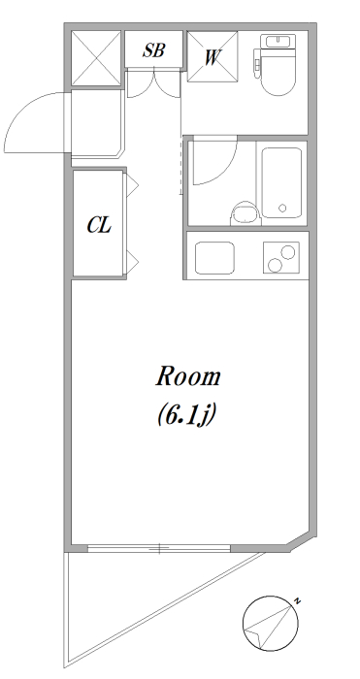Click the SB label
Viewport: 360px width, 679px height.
pos(153,50)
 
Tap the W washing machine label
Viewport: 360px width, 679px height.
pos(212,57)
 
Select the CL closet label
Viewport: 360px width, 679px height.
pos(99,225)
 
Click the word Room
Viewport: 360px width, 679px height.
pos(188,377)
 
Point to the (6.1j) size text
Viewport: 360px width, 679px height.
pos(186,416)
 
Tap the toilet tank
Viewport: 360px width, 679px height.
pos(278,42)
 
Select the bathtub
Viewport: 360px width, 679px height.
pos(282,182)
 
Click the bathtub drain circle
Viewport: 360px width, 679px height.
pos(282,208)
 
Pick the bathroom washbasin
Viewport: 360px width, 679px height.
pos(245,214)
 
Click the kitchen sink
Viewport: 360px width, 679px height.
pos(214,258)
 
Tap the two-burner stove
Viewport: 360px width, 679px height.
pos(281,258)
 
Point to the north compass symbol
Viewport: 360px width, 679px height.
pos(271,624)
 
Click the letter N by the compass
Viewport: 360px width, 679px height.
pos(297,600)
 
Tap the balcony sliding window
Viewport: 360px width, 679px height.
pos(159,548)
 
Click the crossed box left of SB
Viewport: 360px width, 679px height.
pos(95,58)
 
